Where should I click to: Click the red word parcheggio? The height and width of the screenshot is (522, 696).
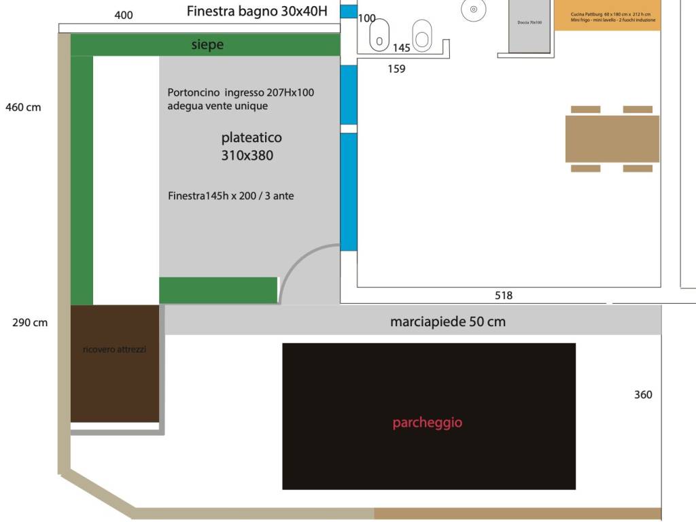(x=427, y=423)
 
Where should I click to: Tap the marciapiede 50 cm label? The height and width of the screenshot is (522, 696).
(x=447, y=321)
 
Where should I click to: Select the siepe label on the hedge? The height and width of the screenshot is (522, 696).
(x=207, y=45)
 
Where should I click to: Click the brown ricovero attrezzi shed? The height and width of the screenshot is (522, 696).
(x=114, y=364)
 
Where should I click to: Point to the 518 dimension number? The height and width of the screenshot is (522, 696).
(x=504, y=296)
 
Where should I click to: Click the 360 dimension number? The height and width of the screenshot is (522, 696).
(x=643, y=394)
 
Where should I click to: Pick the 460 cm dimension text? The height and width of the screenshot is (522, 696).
(x=23, y=107)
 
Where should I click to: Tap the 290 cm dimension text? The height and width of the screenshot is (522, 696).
(x=30, y=322)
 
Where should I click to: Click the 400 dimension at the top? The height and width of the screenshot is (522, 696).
(x=124, y=15)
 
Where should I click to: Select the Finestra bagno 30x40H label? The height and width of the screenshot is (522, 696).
(x=257, y=12)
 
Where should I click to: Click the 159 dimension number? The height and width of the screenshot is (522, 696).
(x=396, y=69)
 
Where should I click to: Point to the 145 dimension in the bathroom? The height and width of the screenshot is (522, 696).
(x=401, y=48)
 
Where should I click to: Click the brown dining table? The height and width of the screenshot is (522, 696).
(x=612, y=139)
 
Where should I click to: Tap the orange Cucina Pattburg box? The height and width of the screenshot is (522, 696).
(x=606, y=15)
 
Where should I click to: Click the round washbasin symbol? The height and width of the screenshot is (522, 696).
(x=473, y=10)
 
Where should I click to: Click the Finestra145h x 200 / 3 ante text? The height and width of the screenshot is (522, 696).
(x=230, y=196)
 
